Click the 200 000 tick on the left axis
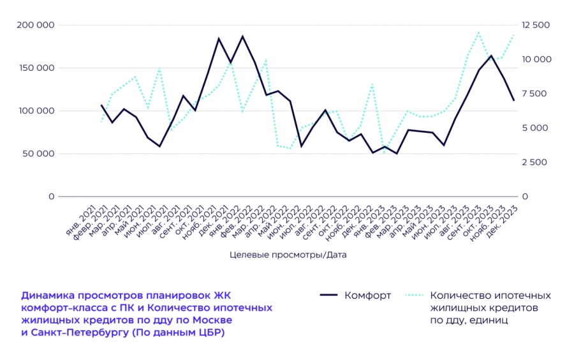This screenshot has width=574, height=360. pos(37,25)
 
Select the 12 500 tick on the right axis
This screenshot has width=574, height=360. pos(536,25)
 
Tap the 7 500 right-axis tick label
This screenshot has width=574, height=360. pos(534,94)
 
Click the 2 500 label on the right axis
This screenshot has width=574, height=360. pos(534,162)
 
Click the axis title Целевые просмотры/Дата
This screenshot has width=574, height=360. pos(288,254)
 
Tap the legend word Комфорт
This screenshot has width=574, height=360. pos(367,296)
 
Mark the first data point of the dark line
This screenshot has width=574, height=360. pos(101,105)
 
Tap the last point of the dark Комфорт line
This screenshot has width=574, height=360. pos(514,100)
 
